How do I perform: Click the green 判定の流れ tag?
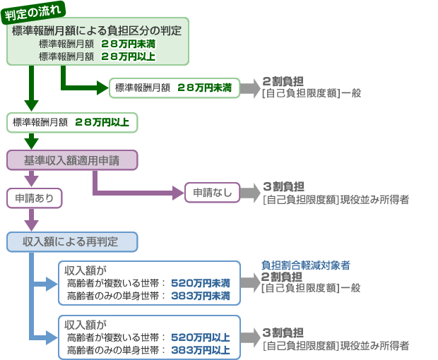[33, 13]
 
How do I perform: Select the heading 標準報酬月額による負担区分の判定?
[97, 30]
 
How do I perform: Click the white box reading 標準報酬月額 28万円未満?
[174, 88]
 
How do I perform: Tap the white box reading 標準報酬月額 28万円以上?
[72, 123]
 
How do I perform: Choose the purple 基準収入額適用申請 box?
[72, 160]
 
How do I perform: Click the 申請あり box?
[35, 198]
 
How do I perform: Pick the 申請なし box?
[213, 193]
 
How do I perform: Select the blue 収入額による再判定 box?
[72, 242]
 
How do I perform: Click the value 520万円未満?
[201, 283]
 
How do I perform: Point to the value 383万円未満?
[201, 296]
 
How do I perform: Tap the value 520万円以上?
[201, 337]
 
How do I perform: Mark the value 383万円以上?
[201, 350]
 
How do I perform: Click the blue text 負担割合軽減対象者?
[306, 265]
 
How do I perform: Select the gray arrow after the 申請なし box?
[251, 193]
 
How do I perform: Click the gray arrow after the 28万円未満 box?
[251, 88]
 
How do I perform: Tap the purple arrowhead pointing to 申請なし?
[179, 193]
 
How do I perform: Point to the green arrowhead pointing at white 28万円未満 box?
[102, 88]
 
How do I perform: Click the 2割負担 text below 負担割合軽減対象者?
[282, 277]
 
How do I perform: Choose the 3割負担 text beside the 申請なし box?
[283, 186]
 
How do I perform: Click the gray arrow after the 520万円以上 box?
[251, 337]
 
